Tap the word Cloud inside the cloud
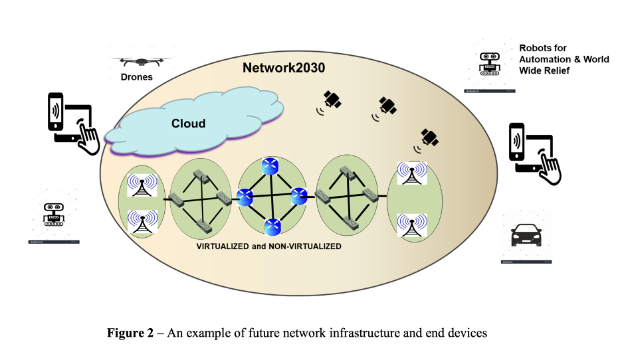189,123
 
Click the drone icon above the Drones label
140,61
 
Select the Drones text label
136,77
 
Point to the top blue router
270,166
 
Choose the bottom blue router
272,227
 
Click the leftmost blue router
245,197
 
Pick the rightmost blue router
297,195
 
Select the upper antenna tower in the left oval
142,186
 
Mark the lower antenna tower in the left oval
142,223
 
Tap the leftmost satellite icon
332,100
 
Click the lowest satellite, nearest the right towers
430,137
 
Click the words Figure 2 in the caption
129,333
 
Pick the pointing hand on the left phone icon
87,136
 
